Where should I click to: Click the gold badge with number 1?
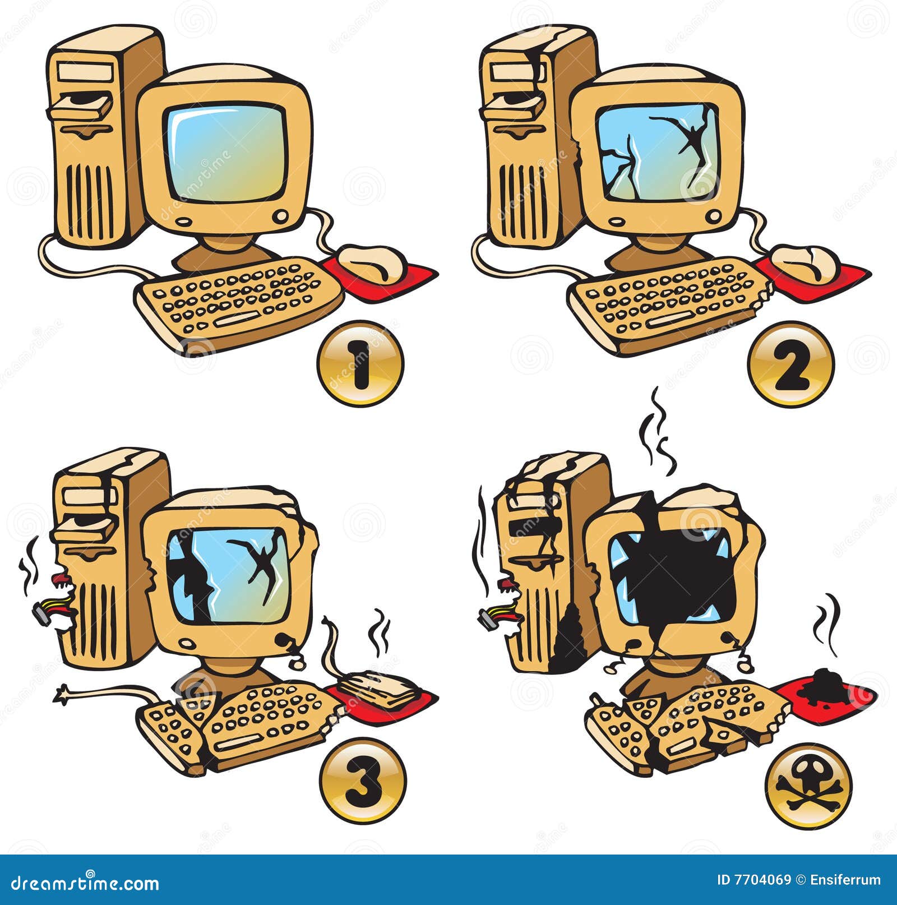pyautogui.click(x=360, y=363)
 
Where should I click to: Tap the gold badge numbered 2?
pyautogui.click(x=790, y=363)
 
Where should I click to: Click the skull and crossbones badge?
pyautogui.click(x=808, y=786)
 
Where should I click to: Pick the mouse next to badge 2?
pyautogui.click(x=806, y=263)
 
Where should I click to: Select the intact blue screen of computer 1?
pyautogui.click(x=227, y=152)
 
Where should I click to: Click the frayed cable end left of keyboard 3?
pyautogui.click(x=63, y=694)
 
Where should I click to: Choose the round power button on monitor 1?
pyautogui.click(x=282, y=215)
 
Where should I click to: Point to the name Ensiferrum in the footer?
pyautogui.click(x=845, y=880)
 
